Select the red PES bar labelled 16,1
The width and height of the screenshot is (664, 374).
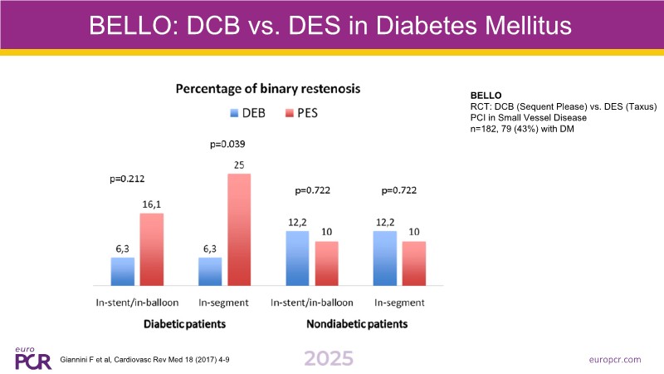(x=151, y=249)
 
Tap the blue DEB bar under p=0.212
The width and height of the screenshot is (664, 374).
(x=123, y=271)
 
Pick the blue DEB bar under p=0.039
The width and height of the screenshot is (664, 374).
(x=209, y=271)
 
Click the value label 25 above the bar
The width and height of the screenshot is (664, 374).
(x=239, y=165)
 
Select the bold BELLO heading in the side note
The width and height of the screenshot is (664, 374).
(x=487, y=96)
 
